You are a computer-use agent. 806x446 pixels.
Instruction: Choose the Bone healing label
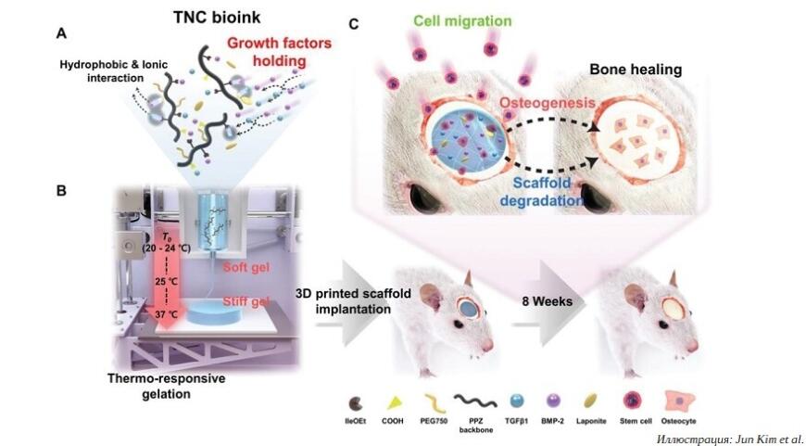click(x=637, y=70)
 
